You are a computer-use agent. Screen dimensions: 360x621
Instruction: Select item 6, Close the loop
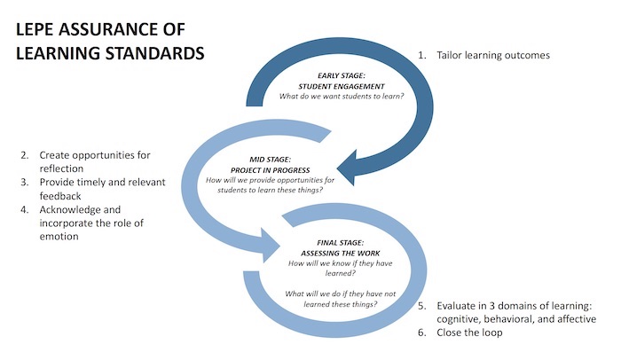coord(480,333)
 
